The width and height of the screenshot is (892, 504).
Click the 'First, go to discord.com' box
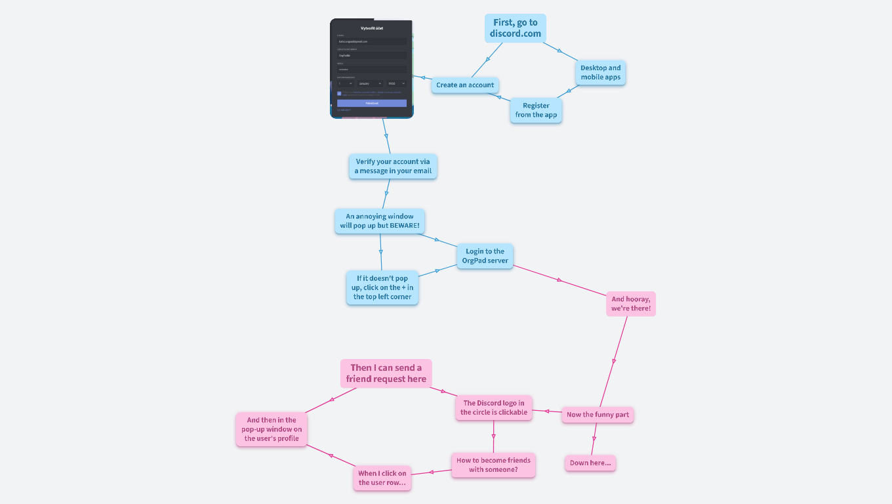tap(516, 28)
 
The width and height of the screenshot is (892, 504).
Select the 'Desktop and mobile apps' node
tap(600, 72)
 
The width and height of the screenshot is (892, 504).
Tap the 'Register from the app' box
tap(536, 110)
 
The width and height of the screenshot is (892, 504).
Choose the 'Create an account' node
tap(465, 85)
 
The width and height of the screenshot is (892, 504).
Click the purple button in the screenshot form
tap(372, 103)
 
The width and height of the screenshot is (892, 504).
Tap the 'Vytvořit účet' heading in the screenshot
tap(372, 28)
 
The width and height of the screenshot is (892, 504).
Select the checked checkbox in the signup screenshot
tap(339, 93)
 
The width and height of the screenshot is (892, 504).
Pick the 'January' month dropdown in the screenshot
tap(370, 83)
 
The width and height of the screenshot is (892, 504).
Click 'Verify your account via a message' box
tap(393, 166)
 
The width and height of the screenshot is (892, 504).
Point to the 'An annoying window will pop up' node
tap(380, 221)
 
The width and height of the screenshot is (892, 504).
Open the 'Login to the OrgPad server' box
tap(485, 256)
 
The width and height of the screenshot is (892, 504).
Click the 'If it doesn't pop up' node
tap(382, 287)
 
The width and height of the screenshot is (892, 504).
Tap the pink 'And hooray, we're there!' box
tap(630, 304)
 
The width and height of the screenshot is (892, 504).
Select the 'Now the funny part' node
tap(598, 415)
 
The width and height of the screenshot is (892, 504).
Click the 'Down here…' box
tap(590, 463)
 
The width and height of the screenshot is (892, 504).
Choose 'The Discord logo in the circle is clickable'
tap(493, 408)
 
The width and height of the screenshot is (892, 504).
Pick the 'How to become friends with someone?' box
tap(493, 465)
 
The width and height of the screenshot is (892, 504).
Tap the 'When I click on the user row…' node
tap(382, 478)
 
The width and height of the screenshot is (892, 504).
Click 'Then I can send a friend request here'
tap(386, 373)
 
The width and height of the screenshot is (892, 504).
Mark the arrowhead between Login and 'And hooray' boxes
tap(559, 280)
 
